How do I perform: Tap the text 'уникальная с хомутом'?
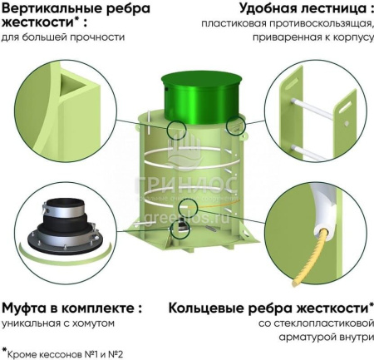[x=57, y=323]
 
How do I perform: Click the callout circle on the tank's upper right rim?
[x=235, y=127]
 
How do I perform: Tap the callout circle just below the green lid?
[x=176, y=130]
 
